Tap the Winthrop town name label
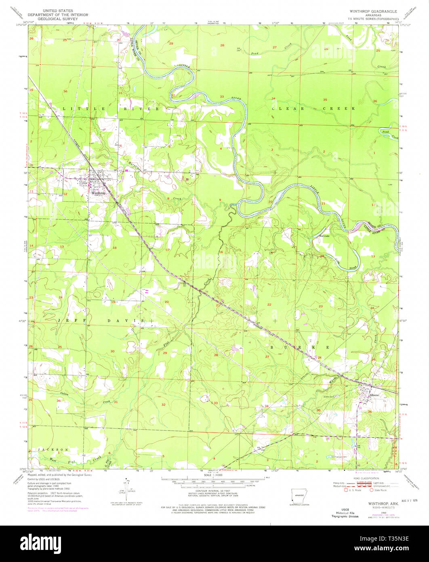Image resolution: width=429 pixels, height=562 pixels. pos(98,193)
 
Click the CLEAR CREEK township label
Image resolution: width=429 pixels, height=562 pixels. pos(313,109)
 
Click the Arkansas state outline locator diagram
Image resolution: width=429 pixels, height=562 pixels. pos(299,496)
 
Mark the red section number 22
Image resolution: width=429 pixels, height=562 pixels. pos(269,304)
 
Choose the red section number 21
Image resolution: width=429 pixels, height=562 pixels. pos(218,305)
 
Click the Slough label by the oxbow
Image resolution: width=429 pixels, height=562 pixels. pos(342,268)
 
